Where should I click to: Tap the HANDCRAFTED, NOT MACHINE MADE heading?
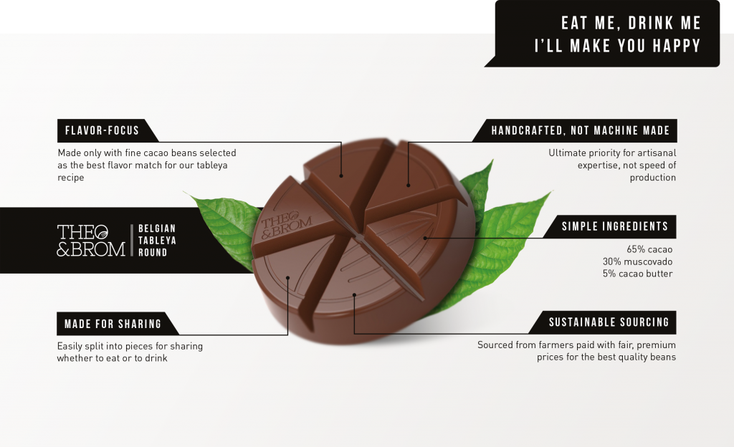[x=581, y=130]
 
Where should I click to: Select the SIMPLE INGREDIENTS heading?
[x=614, y=226]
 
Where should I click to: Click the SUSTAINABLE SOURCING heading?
[x=609, y=322]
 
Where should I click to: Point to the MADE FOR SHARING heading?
[x=113, y=324]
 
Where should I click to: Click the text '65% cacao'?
[x=649, y=249]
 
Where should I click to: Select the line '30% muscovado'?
[x=637, y=261]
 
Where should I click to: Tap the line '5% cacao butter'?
[x=637, y=274]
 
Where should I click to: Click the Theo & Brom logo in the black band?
[x=91, y=240]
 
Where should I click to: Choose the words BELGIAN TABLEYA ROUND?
[x=157, y=240]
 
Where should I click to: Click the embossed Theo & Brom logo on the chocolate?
[x=286, y=225]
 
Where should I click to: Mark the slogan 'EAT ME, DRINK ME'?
[x=631, y=23]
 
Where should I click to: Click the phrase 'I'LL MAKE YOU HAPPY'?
[x=618, y=46]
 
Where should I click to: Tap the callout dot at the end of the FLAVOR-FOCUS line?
[x=341, y=176]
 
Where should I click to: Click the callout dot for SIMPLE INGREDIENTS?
[x=425, y=238]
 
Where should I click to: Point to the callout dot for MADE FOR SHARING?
[x=288, y=278]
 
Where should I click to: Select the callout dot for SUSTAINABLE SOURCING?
[x=354, y=295]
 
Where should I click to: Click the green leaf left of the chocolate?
[x=227, y=224]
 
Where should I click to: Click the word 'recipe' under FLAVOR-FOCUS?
[x=71, y=178]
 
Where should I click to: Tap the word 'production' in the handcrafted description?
[x=652, y=178]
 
